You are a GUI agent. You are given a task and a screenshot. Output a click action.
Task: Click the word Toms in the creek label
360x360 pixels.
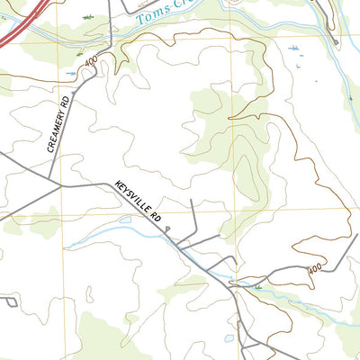pyautogui.click(x=150, y=16)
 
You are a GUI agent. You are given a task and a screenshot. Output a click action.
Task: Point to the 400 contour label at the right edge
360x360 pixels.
pyautogui.click(x=315, y=269)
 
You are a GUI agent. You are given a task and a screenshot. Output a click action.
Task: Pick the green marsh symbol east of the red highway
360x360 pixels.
pyautogui.click(x=87, y=17)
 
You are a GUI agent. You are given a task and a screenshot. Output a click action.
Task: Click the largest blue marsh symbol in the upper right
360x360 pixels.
pyautogui.click(x=294, y=47)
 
